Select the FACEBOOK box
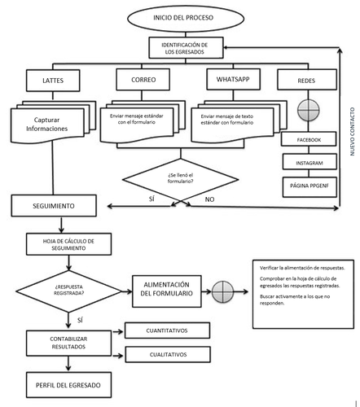[x=303, y=140]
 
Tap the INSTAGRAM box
[x=303, y=164]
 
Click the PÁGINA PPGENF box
[x=303, y=188]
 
